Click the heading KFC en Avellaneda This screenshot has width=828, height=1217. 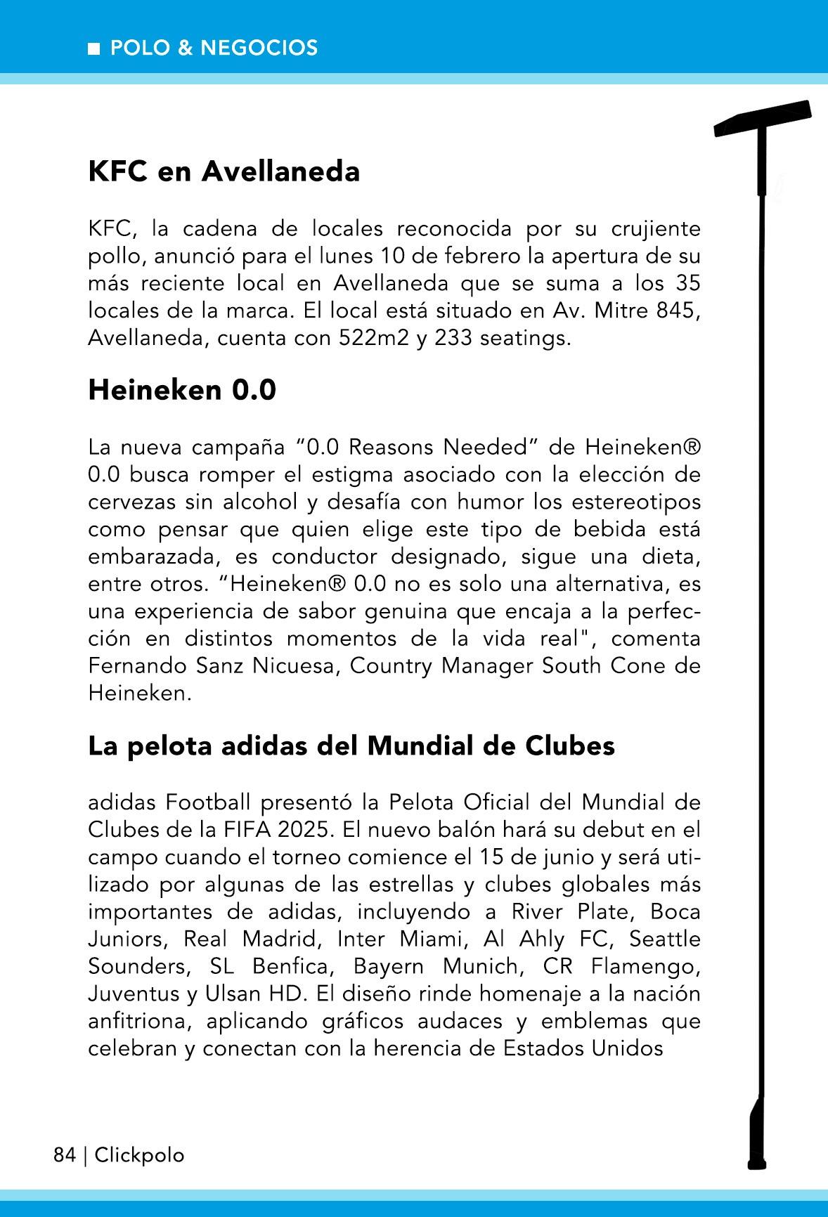pos(224,171)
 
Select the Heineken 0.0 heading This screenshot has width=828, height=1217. pos(182,390)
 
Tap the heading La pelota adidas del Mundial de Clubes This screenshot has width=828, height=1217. pos(351,746)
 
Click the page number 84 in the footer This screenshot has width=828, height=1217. pos(64,1155)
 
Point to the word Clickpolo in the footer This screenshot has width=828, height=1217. pos(139,1155)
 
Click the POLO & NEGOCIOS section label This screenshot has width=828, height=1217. pos(214,48)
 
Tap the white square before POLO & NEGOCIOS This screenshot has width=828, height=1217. pos(93,48)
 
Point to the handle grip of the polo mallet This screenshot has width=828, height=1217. pos(756,1131)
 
